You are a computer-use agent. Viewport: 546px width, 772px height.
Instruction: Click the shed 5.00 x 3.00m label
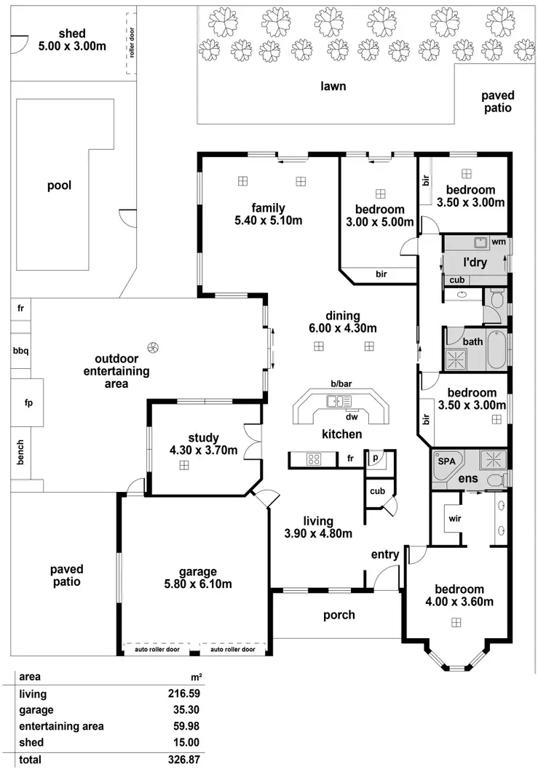coord(72,40)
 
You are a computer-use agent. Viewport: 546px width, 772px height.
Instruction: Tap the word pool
coord(60,185)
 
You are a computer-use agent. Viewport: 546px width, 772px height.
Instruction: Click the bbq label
coord(20,351)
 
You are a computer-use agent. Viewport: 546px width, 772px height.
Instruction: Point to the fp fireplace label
coord(28,402)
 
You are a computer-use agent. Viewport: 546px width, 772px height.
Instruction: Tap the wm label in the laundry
coord(499,241)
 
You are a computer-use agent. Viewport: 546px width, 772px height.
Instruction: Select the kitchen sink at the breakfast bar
coord(339,399)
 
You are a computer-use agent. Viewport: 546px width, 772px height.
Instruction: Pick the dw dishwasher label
coord(352,416)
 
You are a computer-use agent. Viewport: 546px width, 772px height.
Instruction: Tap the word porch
coord(339,615)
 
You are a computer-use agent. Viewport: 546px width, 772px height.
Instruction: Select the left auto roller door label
coord(157,650)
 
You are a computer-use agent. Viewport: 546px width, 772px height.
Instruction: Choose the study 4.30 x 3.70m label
coord(203,444)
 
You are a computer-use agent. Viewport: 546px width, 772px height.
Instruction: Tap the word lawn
coord(333,86)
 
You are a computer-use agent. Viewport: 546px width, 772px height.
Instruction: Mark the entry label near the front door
coord(384,554)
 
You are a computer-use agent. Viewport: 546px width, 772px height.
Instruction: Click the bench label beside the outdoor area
coord(21,452)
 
